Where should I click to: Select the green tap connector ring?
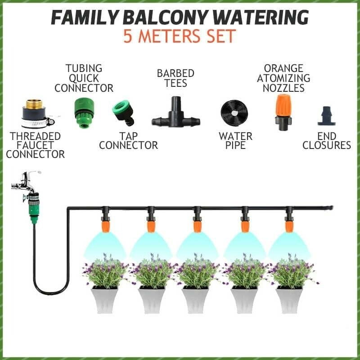click(123, 112)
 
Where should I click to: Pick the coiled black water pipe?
click(235, 113)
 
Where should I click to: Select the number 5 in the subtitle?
click(128, 36)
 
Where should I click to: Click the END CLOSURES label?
click(326, 140)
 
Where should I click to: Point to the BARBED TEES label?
click(175, 78)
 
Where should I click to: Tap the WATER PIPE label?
click(235, 140)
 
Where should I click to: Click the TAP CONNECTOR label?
click(128, 140)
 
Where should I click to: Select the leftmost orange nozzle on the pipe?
click(104, 224)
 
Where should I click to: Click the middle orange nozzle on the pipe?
click(197, 224)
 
